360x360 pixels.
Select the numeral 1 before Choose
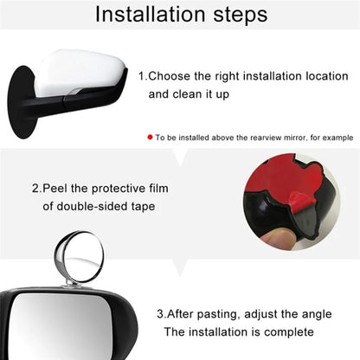142,75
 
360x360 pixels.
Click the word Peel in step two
61,188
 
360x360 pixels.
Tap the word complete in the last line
282,331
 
